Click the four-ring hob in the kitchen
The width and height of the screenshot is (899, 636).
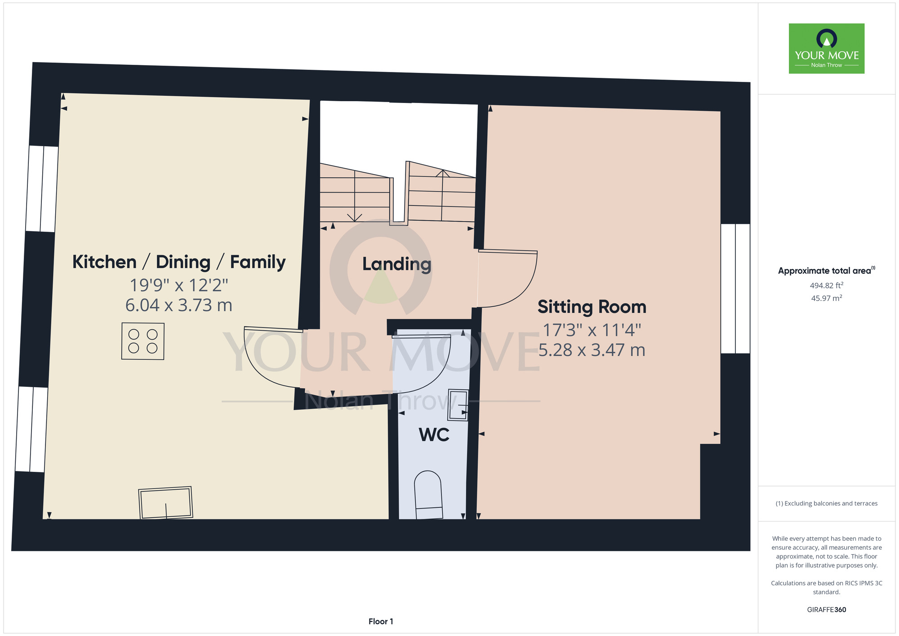point(143,341)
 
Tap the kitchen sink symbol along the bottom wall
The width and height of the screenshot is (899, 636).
point(165,502)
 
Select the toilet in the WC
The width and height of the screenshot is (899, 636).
point(428,495)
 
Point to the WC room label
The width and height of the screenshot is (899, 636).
point(434,435)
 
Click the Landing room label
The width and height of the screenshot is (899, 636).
point(396,264)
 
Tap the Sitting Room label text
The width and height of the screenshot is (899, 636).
point(592,307)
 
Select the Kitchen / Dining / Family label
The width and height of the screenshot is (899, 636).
point(179,262)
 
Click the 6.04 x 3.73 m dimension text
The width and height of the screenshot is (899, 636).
point(179,305)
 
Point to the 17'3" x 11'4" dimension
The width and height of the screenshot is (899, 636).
point(592,330)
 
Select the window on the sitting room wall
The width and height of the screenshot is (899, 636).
point(735,288)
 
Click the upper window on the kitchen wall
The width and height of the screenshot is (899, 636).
point(42,189)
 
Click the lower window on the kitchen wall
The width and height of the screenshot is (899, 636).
point(31,430)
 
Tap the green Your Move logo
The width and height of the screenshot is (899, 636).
point(827,49)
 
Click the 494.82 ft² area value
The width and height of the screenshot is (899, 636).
point(827,286)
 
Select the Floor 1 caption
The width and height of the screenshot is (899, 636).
point(381,622)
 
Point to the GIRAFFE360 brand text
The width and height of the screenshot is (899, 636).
point(827,610)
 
